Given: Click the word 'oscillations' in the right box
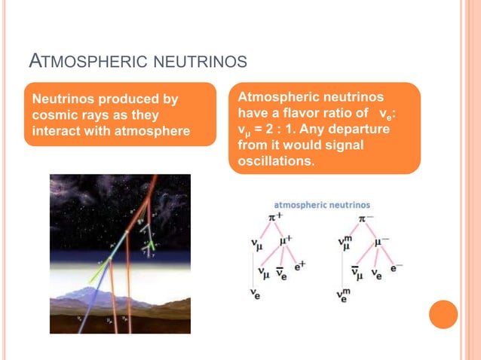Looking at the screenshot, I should pos(275,160).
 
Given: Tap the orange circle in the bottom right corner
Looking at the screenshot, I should pos(443,314).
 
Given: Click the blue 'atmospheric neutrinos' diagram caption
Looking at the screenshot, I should pos(321,204).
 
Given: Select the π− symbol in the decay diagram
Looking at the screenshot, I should pos(366,219).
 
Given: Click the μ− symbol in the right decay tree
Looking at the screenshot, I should pos(381,243).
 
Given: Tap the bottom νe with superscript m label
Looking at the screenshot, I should pos(344,294).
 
